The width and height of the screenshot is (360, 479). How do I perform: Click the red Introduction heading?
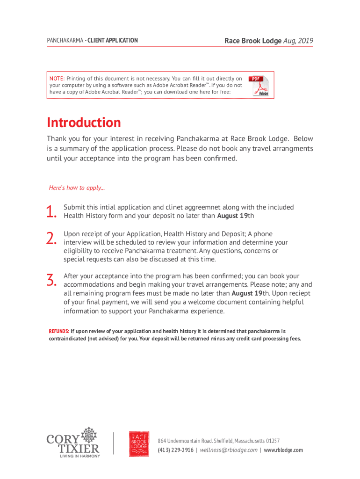click(84, 123)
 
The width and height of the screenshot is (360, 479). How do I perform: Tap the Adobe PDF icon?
click(259, 85)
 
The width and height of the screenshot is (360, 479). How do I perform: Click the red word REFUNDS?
click(59, 331)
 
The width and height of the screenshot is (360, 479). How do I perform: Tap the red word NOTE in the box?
click(57, 79)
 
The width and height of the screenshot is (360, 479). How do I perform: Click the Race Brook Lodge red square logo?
click(139, 443)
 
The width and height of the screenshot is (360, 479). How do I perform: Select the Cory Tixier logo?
click(73, 442)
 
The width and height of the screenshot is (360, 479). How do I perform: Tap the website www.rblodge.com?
click(283, 450)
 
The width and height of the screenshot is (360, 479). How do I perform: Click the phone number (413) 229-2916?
click(175, 450)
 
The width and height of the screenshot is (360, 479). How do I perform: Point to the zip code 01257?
click(273, 441)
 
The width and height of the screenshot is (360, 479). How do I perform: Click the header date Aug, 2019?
click(298, 41)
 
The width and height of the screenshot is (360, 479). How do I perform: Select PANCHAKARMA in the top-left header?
click(63, 41)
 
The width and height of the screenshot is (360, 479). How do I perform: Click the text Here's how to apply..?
click(77, 188)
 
